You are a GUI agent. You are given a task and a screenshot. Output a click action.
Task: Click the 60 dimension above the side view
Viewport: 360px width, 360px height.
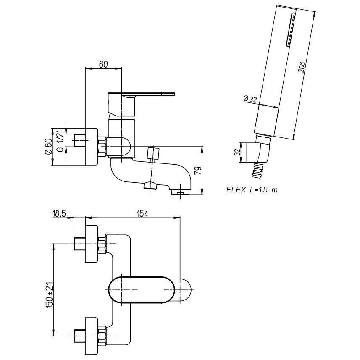104,64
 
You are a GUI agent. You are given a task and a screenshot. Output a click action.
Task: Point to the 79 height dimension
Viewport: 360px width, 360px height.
197,171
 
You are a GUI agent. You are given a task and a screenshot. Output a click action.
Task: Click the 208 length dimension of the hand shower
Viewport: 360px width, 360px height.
301,68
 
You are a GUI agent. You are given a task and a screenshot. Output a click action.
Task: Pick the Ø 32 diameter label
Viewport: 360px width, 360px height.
250,99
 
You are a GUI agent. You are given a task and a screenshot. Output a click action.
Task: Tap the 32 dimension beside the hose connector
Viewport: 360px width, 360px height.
237,152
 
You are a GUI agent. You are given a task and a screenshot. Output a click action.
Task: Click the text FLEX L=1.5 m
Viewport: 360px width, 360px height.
252,190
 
